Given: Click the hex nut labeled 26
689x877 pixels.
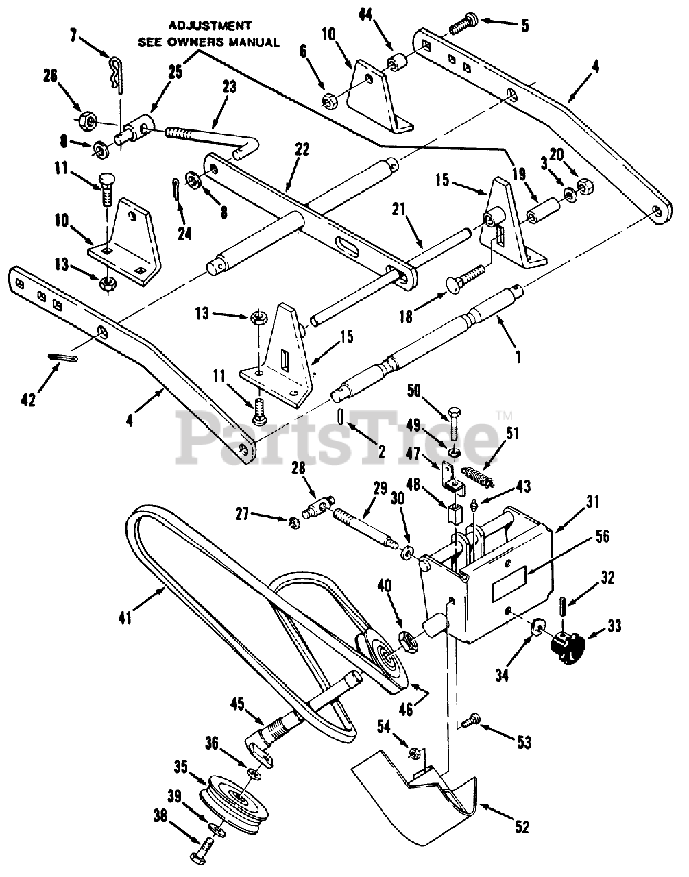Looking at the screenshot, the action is pos(86,119).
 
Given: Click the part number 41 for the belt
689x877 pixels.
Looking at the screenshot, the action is pos(125,617).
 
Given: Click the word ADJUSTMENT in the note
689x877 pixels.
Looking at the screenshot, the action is pos(209,26).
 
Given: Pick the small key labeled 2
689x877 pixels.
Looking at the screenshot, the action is pos(340,415).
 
